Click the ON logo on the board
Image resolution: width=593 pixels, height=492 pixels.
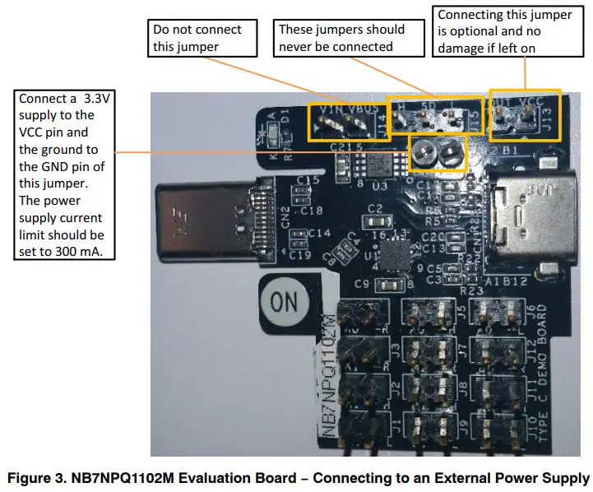284,302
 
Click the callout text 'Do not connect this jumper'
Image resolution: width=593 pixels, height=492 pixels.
197,38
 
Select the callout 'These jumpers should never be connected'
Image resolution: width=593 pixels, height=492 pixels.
341,38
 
